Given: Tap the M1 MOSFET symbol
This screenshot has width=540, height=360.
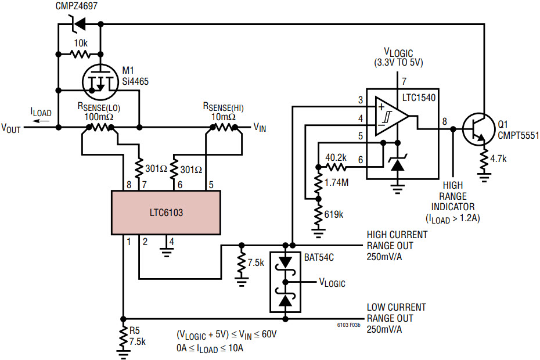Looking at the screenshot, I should pyautogui.click(x=100, y=81).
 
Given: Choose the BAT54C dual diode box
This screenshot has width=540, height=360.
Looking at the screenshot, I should pyautogui.click(x=285, y=283).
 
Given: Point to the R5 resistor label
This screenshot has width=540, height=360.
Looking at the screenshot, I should pyautogui.click(x=135, y=332).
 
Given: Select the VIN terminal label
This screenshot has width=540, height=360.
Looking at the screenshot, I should pyautogui.click(x=260, y=127).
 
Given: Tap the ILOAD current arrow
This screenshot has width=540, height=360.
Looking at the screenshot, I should pyautogui.click(x=41, y=121).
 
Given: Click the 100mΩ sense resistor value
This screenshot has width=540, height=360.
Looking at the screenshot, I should pyautogui.click(x=99, y=116).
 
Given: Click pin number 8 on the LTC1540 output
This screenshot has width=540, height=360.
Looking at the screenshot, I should pyautogui.click(x=444, y=121).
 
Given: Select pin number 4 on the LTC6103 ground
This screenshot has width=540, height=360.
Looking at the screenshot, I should pyautogui.click(x=171, y=241).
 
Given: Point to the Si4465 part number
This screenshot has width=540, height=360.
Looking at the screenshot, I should pyautogui.click(x=135, y=82).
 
